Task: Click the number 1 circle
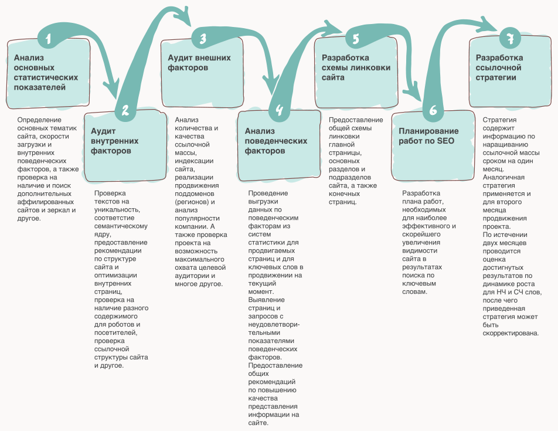[48, 38]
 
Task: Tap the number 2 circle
[125, 110]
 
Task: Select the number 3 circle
[202, 38]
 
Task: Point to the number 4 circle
[280, 110]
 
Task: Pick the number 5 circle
[356, 38]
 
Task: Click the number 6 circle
[433, 110]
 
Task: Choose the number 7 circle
[510, 38]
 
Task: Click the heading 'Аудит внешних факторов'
[199, 63]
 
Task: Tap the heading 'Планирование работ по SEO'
[428, 136]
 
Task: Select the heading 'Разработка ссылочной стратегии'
[499, 67]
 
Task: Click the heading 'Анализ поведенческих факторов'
[276, 141]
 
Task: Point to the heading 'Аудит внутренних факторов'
[115, 141]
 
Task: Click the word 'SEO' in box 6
[445, 141]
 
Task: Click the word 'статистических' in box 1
[46, 77]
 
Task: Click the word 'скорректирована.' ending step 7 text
[511, 334]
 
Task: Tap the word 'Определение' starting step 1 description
[39, 120]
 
